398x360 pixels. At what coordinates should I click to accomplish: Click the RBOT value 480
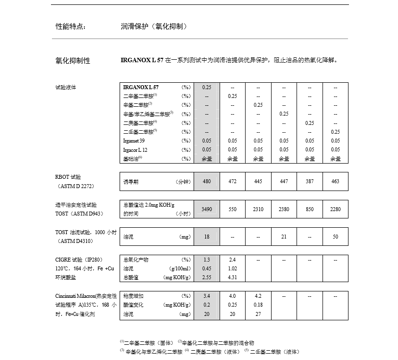pos(206,181)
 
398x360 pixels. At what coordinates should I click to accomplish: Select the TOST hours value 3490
pos(206,209)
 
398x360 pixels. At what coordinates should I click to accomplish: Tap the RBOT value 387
pos(309,181)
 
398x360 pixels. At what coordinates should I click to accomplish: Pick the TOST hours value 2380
pos(284,209)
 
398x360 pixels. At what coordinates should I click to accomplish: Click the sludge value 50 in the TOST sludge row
pos(335,237)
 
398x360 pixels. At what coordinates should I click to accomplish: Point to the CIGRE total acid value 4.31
pos(232,277)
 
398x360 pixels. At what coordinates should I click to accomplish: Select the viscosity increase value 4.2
pos(258,296)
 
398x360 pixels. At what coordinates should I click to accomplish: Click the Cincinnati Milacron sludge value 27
pos(258,314)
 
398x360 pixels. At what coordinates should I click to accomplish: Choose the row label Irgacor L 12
pos(135,149)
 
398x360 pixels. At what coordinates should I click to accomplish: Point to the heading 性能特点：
pos(71,26)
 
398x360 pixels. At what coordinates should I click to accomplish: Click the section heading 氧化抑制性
pos(73,61)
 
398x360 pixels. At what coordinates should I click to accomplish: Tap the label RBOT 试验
pos(68,177)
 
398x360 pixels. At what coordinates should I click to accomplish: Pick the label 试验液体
pos(66,87)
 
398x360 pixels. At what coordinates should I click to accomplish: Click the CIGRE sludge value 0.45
pos(206,268)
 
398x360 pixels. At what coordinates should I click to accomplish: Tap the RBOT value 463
pos(335,181)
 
